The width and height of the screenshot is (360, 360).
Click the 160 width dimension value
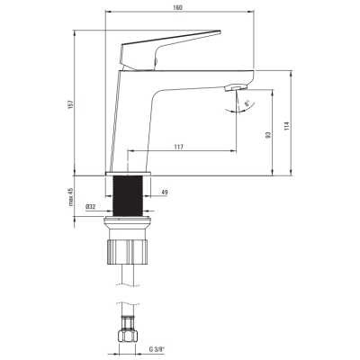pyautogui.click(x=177, y=7)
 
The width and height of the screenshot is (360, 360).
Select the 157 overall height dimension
pyautogui.click(x=71, y=104)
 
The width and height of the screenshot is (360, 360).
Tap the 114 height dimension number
pyautogui.click(x=287, y=126)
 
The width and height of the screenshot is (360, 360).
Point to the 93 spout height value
pyautogui.click(x=268, y=135)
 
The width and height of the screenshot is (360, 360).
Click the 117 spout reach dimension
pyautogui.click(x=178, y=147)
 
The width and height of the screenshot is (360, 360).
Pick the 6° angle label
pyautogui.click(x=247, y=103)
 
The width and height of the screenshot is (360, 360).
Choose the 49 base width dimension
pyautogui.click(x=165, y=192)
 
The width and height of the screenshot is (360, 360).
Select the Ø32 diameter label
pyautogui.click(x=90, y=207)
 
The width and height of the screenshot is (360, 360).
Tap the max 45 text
pyautogui.click(x=71, y=197)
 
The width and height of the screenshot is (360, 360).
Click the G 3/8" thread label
pyautogui.click(x=157, y=349)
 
